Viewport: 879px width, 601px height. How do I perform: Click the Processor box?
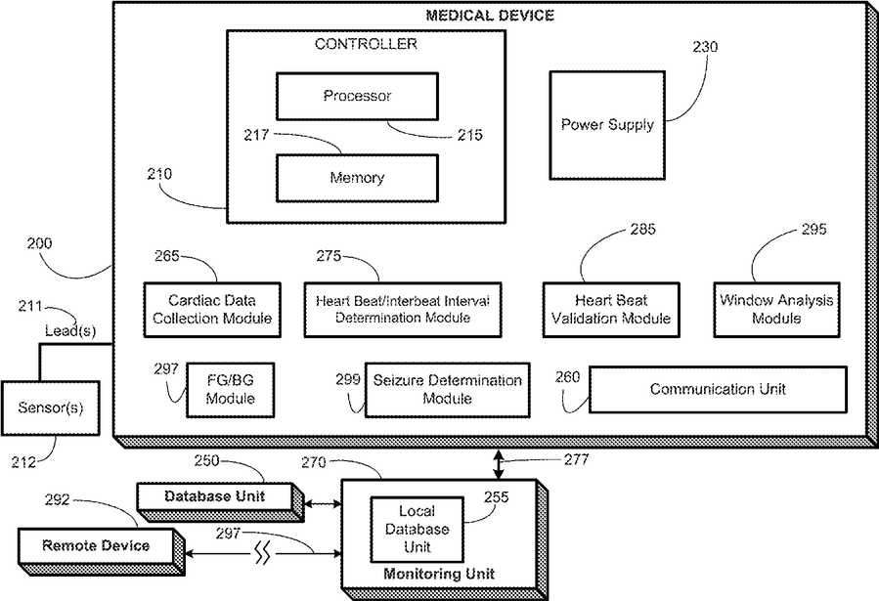[357, 96]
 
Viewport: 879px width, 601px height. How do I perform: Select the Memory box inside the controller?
[357, 178]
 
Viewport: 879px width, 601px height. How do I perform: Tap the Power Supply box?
[607, 125]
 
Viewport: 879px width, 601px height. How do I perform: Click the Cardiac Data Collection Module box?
[212, 310]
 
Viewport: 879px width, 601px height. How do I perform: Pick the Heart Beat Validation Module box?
[611, 310]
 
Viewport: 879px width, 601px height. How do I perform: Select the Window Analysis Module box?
[776, 310]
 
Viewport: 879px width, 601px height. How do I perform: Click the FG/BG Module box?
[231, 390]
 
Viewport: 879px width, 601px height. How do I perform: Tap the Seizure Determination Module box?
[448, 390]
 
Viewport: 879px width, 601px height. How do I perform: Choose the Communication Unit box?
[718, 390]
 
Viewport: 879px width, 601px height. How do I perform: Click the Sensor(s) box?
[51, 408]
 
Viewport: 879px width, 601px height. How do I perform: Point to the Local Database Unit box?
[418, 530]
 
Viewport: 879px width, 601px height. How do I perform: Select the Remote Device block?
[102, 553]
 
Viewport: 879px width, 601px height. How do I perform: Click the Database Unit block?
[221, 503]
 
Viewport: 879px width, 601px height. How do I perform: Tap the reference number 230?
[705, 47]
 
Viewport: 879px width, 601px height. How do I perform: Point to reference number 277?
[576, 459]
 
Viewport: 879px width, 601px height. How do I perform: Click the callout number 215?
[469, 135]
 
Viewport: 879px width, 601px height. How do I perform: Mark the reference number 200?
[39, 243]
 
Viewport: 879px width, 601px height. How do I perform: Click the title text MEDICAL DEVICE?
[490, 15]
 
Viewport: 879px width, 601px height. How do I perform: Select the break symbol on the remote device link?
[262, 553]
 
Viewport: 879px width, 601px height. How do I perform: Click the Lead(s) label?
[70, 331]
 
